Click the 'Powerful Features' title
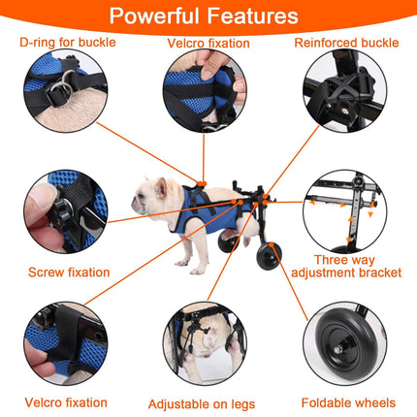tap(208, 16)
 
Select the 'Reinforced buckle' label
tap(344, 43)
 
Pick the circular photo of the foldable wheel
tap(345, 348)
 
